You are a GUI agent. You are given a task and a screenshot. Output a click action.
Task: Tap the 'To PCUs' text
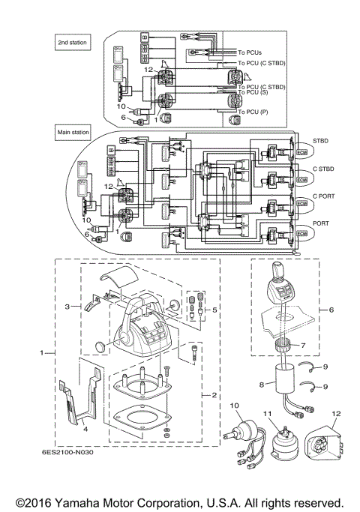tap(253, 53)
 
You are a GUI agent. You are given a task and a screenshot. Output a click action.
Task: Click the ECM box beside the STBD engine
tap(302, 153)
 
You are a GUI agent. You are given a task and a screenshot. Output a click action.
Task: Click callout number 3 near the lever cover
tap(67, 307)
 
